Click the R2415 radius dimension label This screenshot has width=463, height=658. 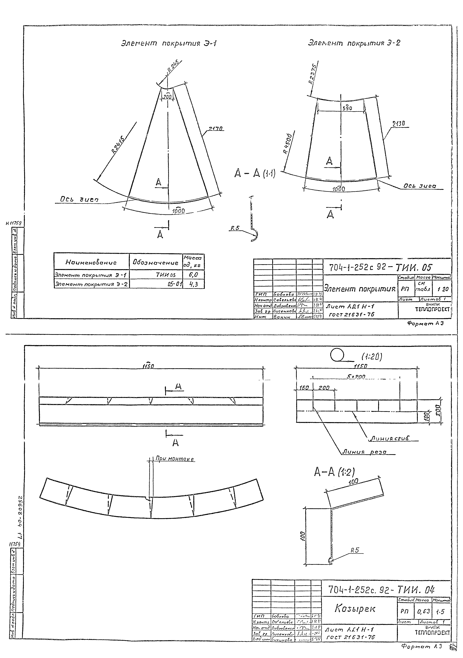(x=118, y=145)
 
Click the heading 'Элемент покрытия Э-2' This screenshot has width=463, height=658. (x=354, y=43)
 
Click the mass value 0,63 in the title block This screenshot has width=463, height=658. (x=423, y=611)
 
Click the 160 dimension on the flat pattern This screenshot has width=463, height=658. (x=304, y=388)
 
